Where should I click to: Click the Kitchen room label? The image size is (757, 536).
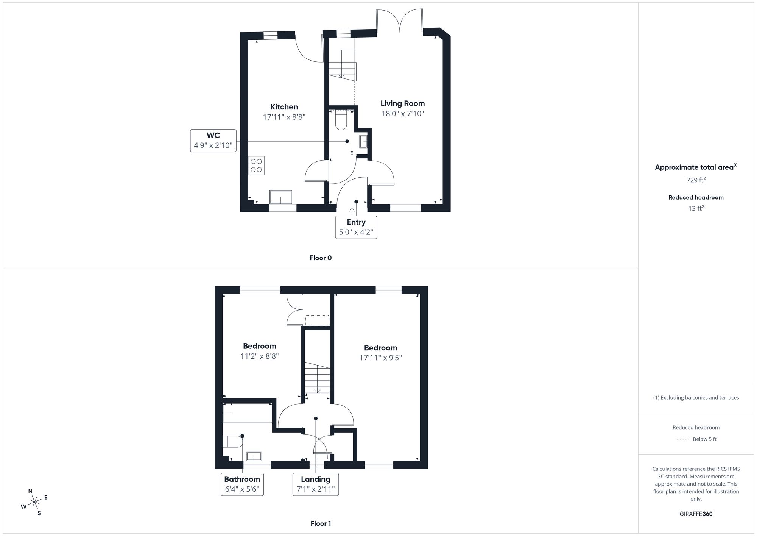pos(284,107)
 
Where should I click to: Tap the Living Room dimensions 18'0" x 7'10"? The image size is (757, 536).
pos(402,114)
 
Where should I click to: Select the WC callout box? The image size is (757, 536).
pos(213,141)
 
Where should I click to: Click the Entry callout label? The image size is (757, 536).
pos(356,227)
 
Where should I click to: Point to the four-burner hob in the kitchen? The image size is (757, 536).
pos(256,166)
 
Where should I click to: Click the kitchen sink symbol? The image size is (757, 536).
pos(280,197)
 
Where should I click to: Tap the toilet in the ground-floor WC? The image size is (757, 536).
pos(341,120)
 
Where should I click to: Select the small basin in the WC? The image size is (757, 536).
pos(364,142)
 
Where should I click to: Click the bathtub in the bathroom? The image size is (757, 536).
pos(247,413)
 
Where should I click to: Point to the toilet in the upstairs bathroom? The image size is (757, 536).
pos(232,442)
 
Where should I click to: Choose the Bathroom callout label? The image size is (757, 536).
pos(242,484)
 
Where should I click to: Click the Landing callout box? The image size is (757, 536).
pos(315,484)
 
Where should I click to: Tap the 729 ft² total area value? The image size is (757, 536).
pos(696,180)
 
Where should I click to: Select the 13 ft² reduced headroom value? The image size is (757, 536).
pos(696,208)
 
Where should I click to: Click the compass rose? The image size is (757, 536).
pos(35,503)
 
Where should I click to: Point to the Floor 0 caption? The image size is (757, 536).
pos(320,258)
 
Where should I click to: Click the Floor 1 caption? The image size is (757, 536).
pos(320,523)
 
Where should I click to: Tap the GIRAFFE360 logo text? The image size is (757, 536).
pos(696,514)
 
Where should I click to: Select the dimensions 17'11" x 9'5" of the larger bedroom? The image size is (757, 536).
pos(380,358)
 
